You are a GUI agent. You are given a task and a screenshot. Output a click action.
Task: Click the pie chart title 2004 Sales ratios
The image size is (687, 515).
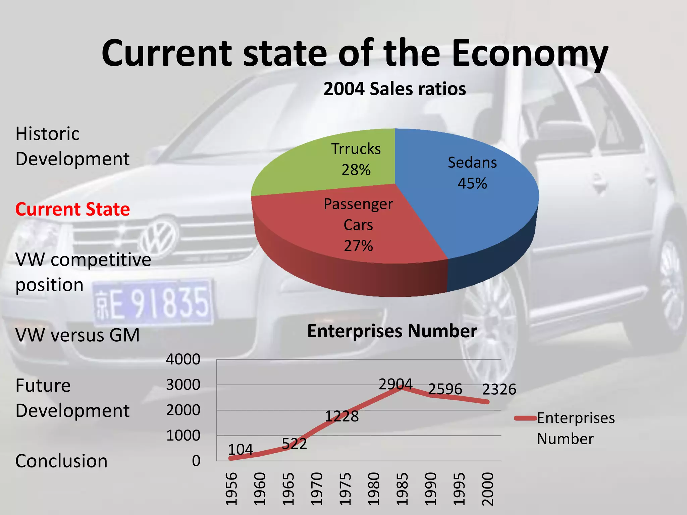tap(394, 89)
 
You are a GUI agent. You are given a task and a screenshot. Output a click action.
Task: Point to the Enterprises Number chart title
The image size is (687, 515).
tap(392, 331)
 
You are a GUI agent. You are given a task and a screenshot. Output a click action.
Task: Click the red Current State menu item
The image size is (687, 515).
tap(72, 209)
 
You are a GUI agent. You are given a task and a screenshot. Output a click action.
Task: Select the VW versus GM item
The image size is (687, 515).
tap(77, 335)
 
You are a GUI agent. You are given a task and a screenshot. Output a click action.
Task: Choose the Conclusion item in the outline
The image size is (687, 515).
tap(61, 461)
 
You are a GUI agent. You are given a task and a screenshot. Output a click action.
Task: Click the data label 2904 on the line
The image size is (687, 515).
tap(395, 384)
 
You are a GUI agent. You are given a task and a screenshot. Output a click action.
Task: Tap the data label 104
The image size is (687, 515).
tap(240, 449)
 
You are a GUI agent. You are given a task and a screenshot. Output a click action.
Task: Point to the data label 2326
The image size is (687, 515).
tap(499, 389)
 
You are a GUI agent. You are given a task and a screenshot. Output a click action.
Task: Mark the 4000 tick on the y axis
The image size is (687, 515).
tap(183, 359)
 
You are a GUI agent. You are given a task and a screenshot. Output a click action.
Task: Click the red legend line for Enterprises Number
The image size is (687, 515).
tap(525, 418)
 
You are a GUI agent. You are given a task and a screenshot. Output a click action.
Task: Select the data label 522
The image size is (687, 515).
tap(294, 444)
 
